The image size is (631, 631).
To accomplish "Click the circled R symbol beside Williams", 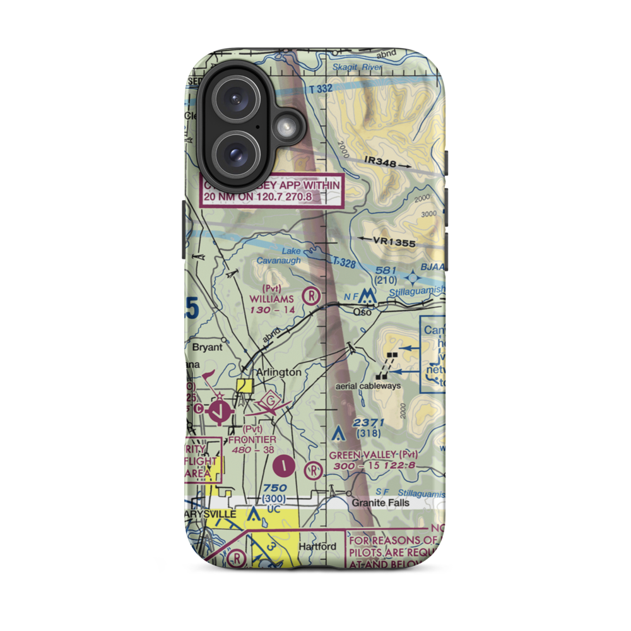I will pyautogui.click(x=310, y=294).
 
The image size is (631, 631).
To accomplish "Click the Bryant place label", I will pyautogui.click(x=208, y=348).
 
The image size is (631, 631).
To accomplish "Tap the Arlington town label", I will pyautogui.click(x=278, y=372).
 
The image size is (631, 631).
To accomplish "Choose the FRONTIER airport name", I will pyautogui.click(x=252, y=439).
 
